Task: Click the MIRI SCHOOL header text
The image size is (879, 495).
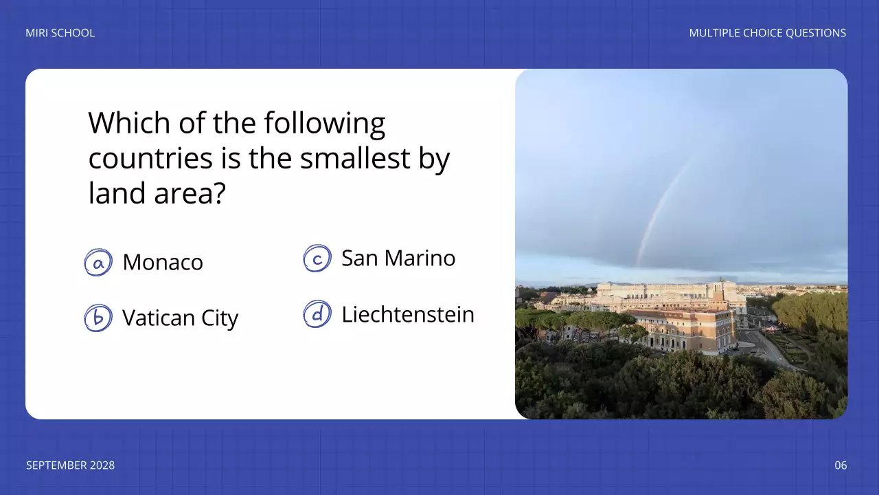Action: (60, 33)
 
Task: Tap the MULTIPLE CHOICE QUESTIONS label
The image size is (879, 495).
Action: (767, 33)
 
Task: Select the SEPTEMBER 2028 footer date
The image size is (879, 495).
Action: (70, 465)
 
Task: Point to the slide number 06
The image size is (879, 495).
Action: (841, 465)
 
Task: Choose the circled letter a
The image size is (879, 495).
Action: (98, 263)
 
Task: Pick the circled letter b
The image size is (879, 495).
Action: (98, 318)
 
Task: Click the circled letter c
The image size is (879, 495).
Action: (317, 258)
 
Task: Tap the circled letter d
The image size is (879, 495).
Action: (317, 314)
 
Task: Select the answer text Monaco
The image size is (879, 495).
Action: (163, 262)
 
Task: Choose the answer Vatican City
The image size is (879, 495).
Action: (180, 318)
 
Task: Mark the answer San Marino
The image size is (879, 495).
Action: (398, 258)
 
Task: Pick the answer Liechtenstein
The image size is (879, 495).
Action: (408, 314)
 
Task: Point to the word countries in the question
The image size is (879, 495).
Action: (150, 159)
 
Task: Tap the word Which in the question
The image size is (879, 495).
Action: (130, 124)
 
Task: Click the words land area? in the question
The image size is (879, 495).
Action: (157, 194)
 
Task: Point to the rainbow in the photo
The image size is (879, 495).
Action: (661, 206)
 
